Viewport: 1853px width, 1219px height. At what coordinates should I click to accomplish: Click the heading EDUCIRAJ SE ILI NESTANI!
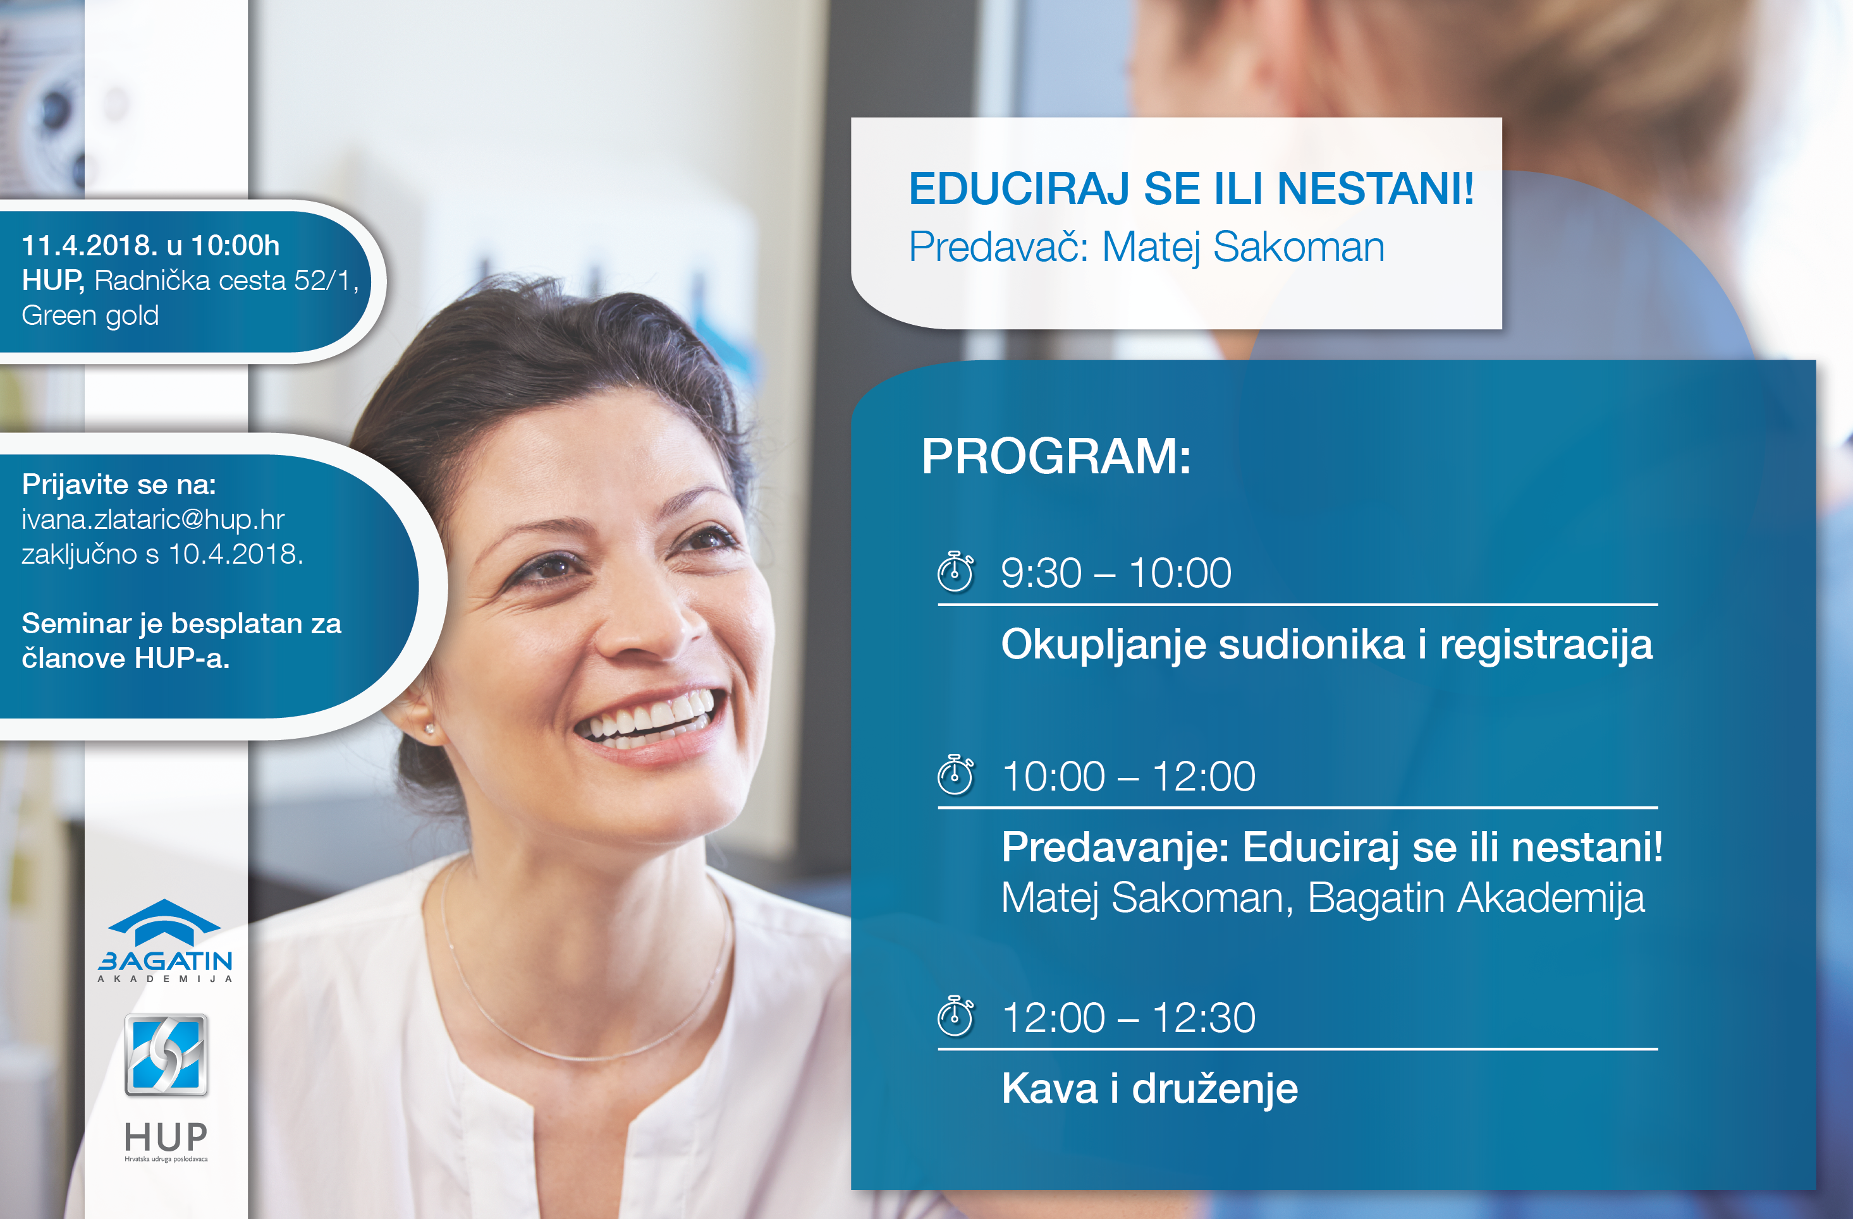point(1191,189)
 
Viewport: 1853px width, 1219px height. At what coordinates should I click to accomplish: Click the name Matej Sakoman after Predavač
point(1244,248)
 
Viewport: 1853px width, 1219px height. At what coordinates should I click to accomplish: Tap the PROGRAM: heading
point(1056,456)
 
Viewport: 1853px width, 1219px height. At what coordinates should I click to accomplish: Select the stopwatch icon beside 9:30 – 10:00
point(955,572)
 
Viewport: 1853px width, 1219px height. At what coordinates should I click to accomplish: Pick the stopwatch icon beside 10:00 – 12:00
point(955,775)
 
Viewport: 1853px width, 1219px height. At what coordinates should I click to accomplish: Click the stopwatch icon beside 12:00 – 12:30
point(955,1017)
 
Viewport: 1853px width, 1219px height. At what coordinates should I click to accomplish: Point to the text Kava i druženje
point(1150,1089)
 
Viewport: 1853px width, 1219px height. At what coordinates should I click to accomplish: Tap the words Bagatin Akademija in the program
point(1476,897)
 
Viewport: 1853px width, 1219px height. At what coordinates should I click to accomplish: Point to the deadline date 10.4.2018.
point(236,554)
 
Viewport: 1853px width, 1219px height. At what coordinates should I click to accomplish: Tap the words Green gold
point(90,316)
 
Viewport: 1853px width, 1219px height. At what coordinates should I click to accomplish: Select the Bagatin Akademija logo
point(165,941)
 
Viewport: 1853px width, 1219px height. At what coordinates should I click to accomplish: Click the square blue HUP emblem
point(166,1055)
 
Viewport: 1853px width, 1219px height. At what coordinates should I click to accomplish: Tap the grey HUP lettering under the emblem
point(166,1137)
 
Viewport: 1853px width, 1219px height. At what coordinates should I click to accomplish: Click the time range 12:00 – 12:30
point(1129,1017)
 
